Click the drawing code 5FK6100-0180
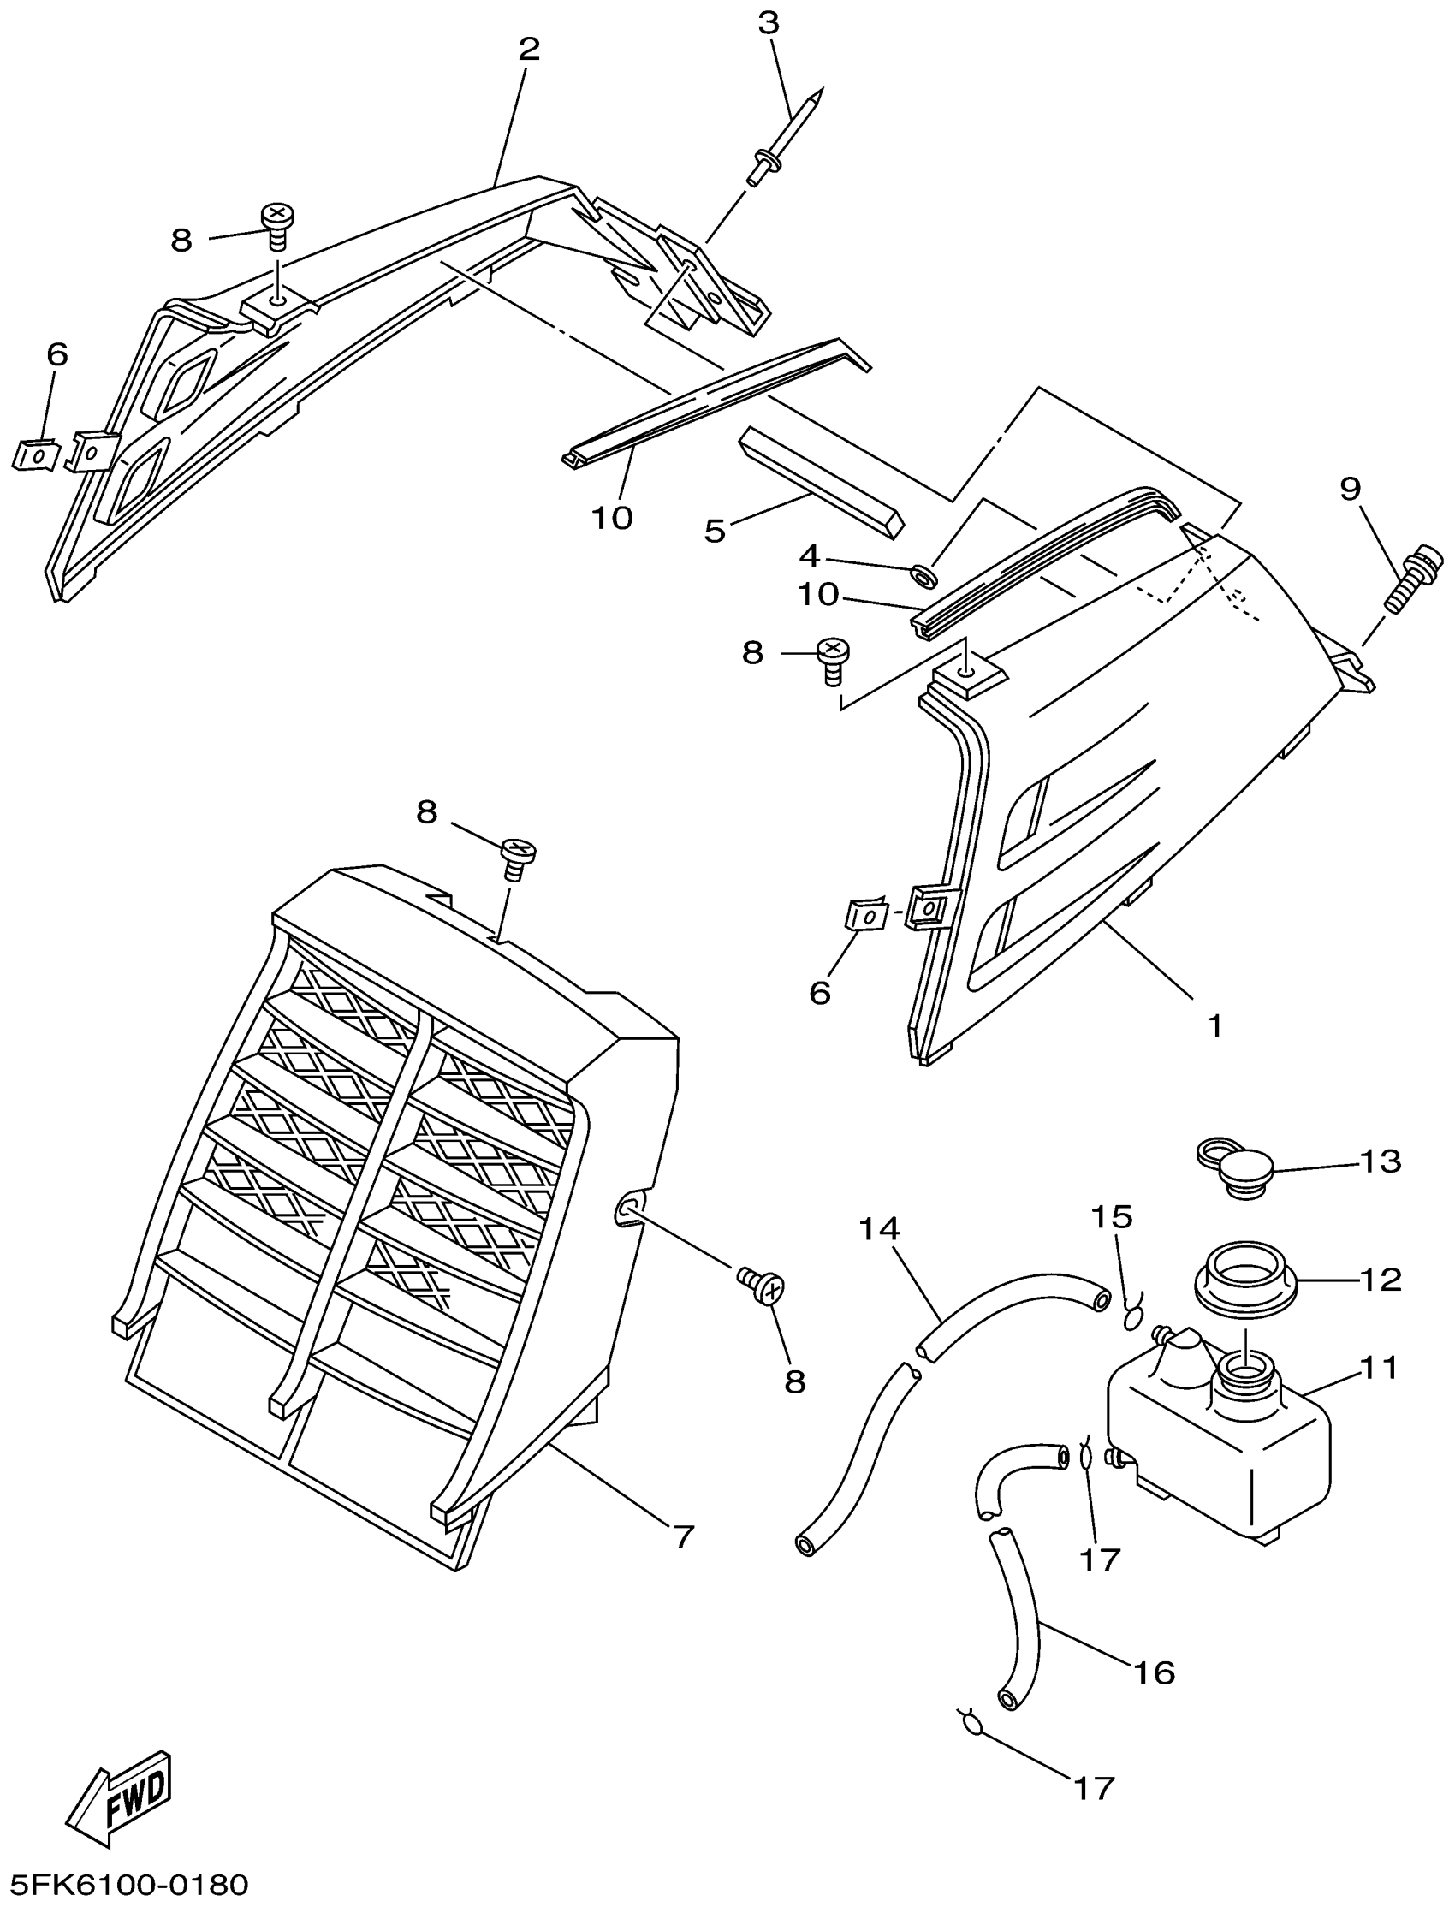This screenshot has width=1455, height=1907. point(127,1883)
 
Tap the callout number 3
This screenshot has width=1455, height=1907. point(769,23)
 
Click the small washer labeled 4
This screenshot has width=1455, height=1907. point(924,574)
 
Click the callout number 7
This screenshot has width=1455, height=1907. point(683,1537)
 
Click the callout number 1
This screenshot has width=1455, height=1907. point(1214,1025)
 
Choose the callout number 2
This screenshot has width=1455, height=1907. point(529,50)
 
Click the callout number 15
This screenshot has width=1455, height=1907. point(1112,1217)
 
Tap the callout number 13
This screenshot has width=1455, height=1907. point(1381,1161)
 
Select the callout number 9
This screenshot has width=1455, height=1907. point(1351,490)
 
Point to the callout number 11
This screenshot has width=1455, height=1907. point(1379,1369)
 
